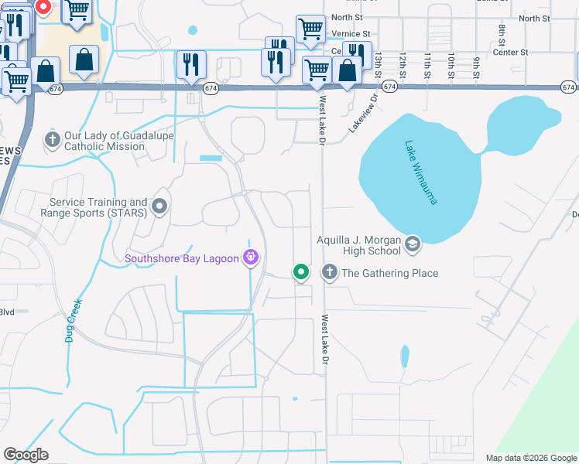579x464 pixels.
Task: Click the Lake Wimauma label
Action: [421, 172]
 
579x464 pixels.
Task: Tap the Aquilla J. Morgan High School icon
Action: [413, 245]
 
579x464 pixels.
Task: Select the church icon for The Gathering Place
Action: [330, 272]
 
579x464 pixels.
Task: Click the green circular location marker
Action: [301, 272]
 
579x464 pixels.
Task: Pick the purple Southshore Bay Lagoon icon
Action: [250, 258]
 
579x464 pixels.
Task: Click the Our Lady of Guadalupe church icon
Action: [53, 140]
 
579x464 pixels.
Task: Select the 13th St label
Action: [378, 63]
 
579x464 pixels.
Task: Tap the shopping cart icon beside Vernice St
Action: [310, 29]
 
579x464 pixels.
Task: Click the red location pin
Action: [43, 8]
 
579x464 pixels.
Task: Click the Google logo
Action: [26, 455]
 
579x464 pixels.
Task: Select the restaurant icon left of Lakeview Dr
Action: [276, 62]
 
